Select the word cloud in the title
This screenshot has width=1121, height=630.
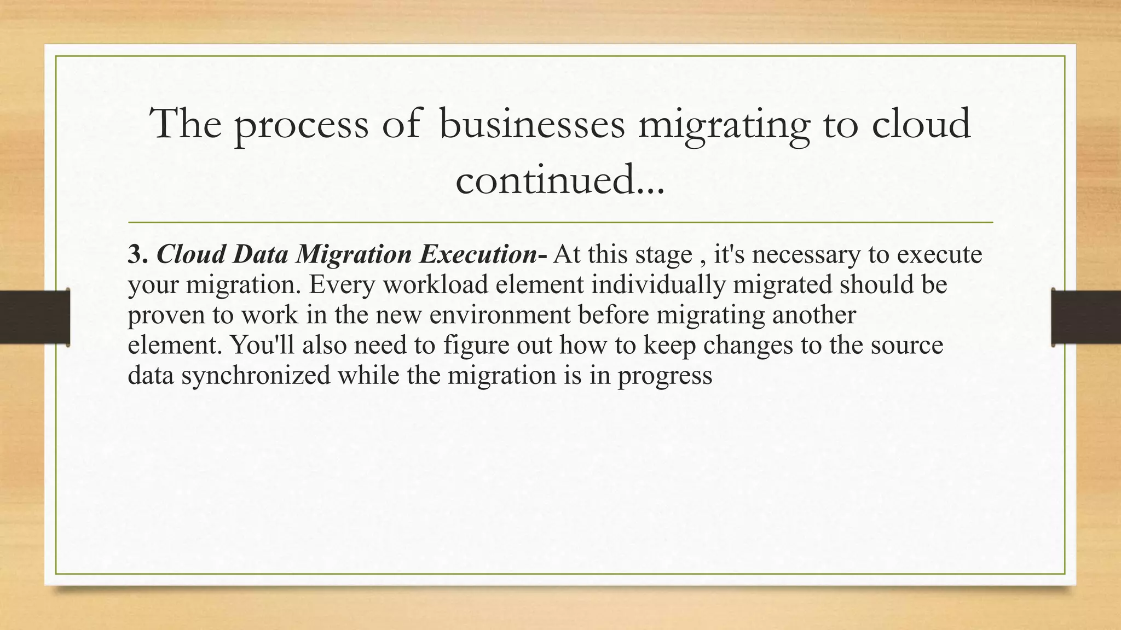coord(921,123)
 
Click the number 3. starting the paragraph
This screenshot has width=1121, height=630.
coord(137,254)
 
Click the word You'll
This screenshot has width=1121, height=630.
coord(262,345)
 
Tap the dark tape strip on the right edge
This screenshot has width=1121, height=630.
coord(1086,317)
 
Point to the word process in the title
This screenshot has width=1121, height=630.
coord(301,124)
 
